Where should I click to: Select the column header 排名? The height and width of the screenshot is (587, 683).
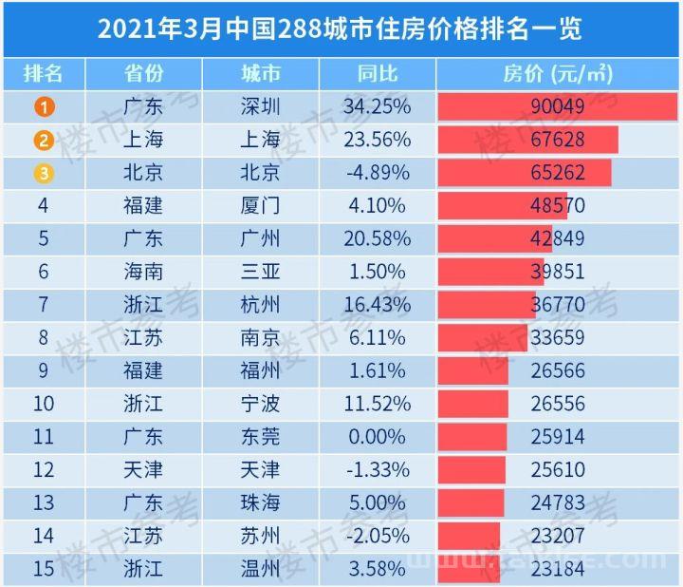point(44,74)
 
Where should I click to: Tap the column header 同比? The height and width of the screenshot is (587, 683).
point(378,74)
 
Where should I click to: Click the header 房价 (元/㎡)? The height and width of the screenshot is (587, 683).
point(558,74)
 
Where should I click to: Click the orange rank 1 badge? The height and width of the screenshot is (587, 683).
point(44,106)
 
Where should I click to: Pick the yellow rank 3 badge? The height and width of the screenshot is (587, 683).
point(44,173)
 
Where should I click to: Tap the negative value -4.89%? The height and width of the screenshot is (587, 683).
point(378,173)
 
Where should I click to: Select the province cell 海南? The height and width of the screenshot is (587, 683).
point(143,272)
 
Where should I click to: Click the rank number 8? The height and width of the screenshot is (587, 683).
point(44,337)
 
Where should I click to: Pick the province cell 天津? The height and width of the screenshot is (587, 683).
point(143,469)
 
